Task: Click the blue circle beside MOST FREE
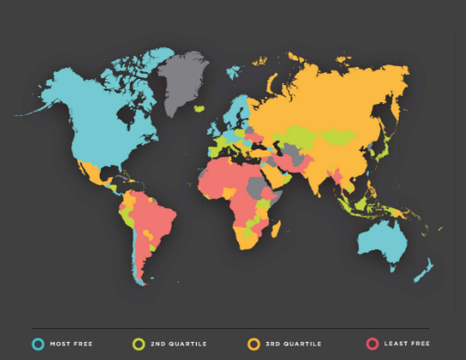[x=38, y=344]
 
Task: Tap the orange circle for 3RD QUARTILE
[x=254, y=344]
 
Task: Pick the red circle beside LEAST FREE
[x=372, y=344]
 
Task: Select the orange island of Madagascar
[x=276, y=229]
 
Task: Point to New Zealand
[x=423, y=272]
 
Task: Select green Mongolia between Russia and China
[x=337, y=135]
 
